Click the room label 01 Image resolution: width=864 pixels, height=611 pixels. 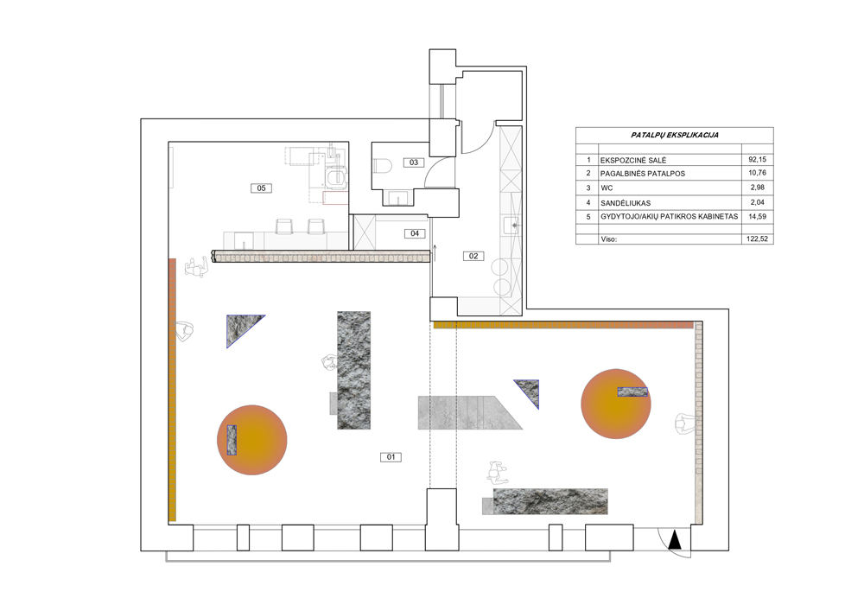391,456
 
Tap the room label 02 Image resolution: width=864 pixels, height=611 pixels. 473,256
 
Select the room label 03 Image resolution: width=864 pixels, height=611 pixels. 414,162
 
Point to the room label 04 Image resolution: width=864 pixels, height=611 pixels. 415,233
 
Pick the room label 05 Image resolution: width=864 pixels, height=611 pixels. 261,188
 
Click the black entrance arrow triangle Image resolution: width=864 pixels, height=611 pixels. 675,540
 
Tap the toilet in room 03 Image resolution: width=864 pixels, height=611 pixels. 383,165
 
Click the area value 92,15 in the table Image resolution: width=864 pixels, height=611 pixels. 757,159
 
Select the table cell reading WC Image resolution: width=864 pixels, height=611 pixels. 607,188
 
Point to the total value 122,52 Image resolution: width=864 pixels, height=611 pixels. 757,239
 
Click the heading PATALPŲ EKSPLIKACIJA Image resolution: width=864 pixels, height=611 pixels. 675,135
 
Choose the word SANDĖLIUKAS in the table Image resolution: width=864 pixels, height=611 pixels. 626,203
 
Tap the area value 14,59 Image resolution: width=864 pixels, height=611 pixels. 757,217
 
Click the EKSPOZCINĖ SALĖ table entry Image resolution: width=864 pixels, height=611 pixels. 633,161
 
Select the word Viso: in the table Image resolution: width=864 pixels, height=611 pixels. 609,239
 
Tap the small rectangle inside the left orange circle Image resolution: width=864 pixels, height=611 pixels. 232,440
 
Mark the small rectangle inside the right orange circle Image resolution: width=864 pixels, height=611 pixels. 632,391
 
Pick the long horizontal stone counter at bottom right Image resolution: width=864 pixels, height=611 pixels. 550,501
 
